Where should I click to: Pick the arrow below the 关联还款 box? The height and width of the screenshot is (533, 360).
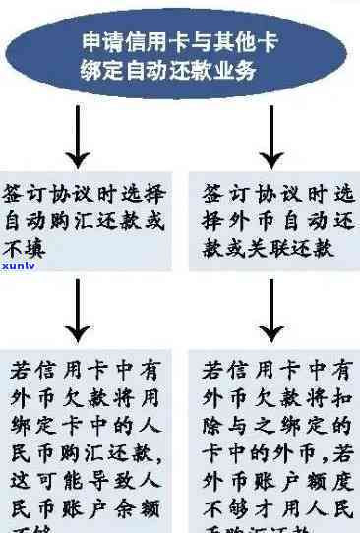tap(272, 316)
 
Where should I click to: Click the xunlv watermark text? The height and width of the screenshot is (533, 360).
tap(20, 266)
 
